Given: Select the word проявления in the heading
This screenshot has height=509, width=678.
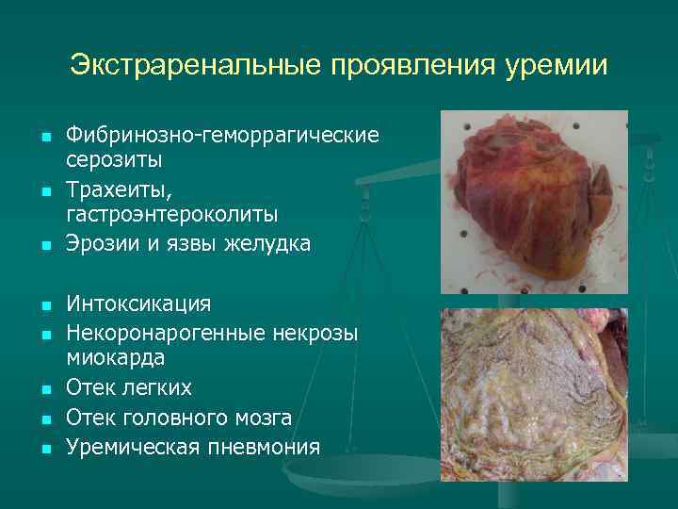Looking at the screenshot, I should click(x=399, y=66).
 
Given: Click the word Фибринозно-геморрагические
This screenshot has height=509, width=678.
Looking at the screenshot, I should click(x=222, y=136).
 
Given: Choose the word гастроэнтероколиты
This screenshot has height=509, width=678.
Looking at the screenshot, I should click(x=171, y=217).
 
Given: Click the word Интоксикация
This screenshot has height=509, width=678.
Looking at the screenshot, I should click(x=138, y=304).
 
